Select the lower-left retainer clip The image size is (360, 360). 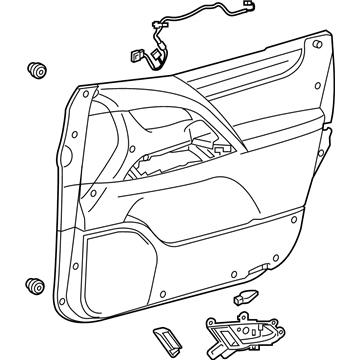coord(37,286)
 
